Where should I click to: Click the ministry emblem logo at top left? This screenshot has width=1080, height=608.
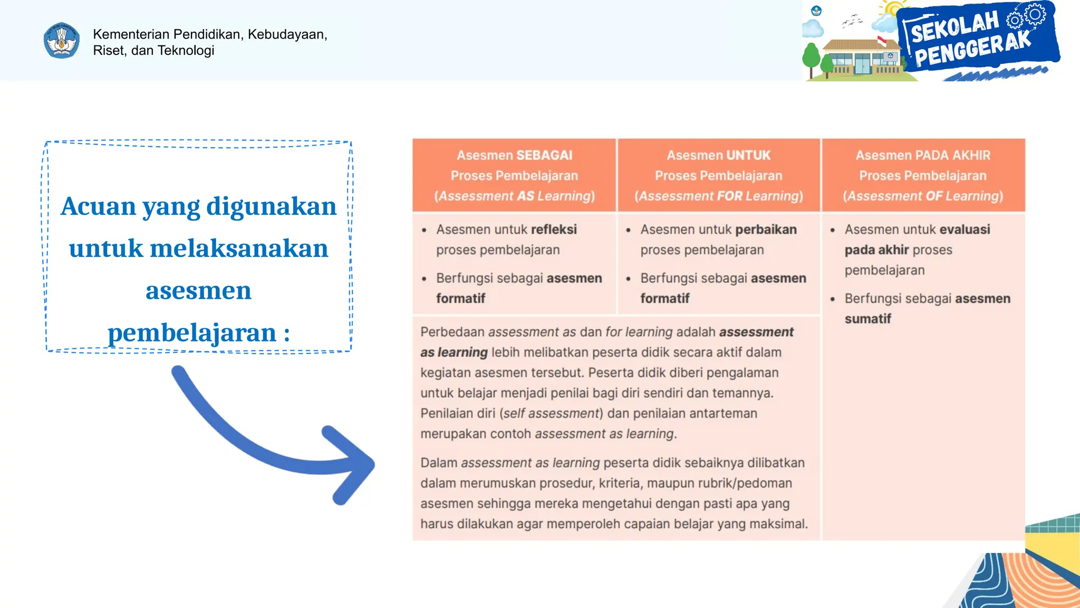point(62,41)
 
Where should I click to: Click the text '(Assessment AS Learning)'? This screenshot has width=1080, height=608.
point(514,196)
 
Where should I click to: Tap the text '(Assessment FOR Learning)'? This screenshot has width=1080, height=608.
point(718,196)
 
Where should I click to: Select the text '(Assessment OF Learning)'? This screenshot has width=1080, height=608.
point(923,196)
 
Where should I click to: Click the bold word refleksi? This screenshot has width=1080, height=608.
point(554,230)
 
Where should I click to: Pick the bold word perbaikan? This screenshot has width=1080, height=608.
point(766,230)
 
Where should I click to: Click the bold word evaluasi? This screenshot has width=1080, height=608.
point(965,230)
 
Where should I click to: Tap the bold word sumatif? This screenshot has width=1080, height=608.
point(867,319)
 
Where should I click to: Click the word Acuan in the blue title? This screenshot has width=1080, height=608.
point(98,206)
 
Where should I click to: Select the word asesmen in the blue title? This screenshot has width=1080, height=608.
point(198,290)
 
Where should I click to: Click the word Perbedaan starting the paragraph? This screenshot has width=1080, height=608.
point(452,332)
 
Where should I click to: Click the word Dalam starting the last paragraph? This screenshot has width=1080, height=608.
point(438,463)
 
